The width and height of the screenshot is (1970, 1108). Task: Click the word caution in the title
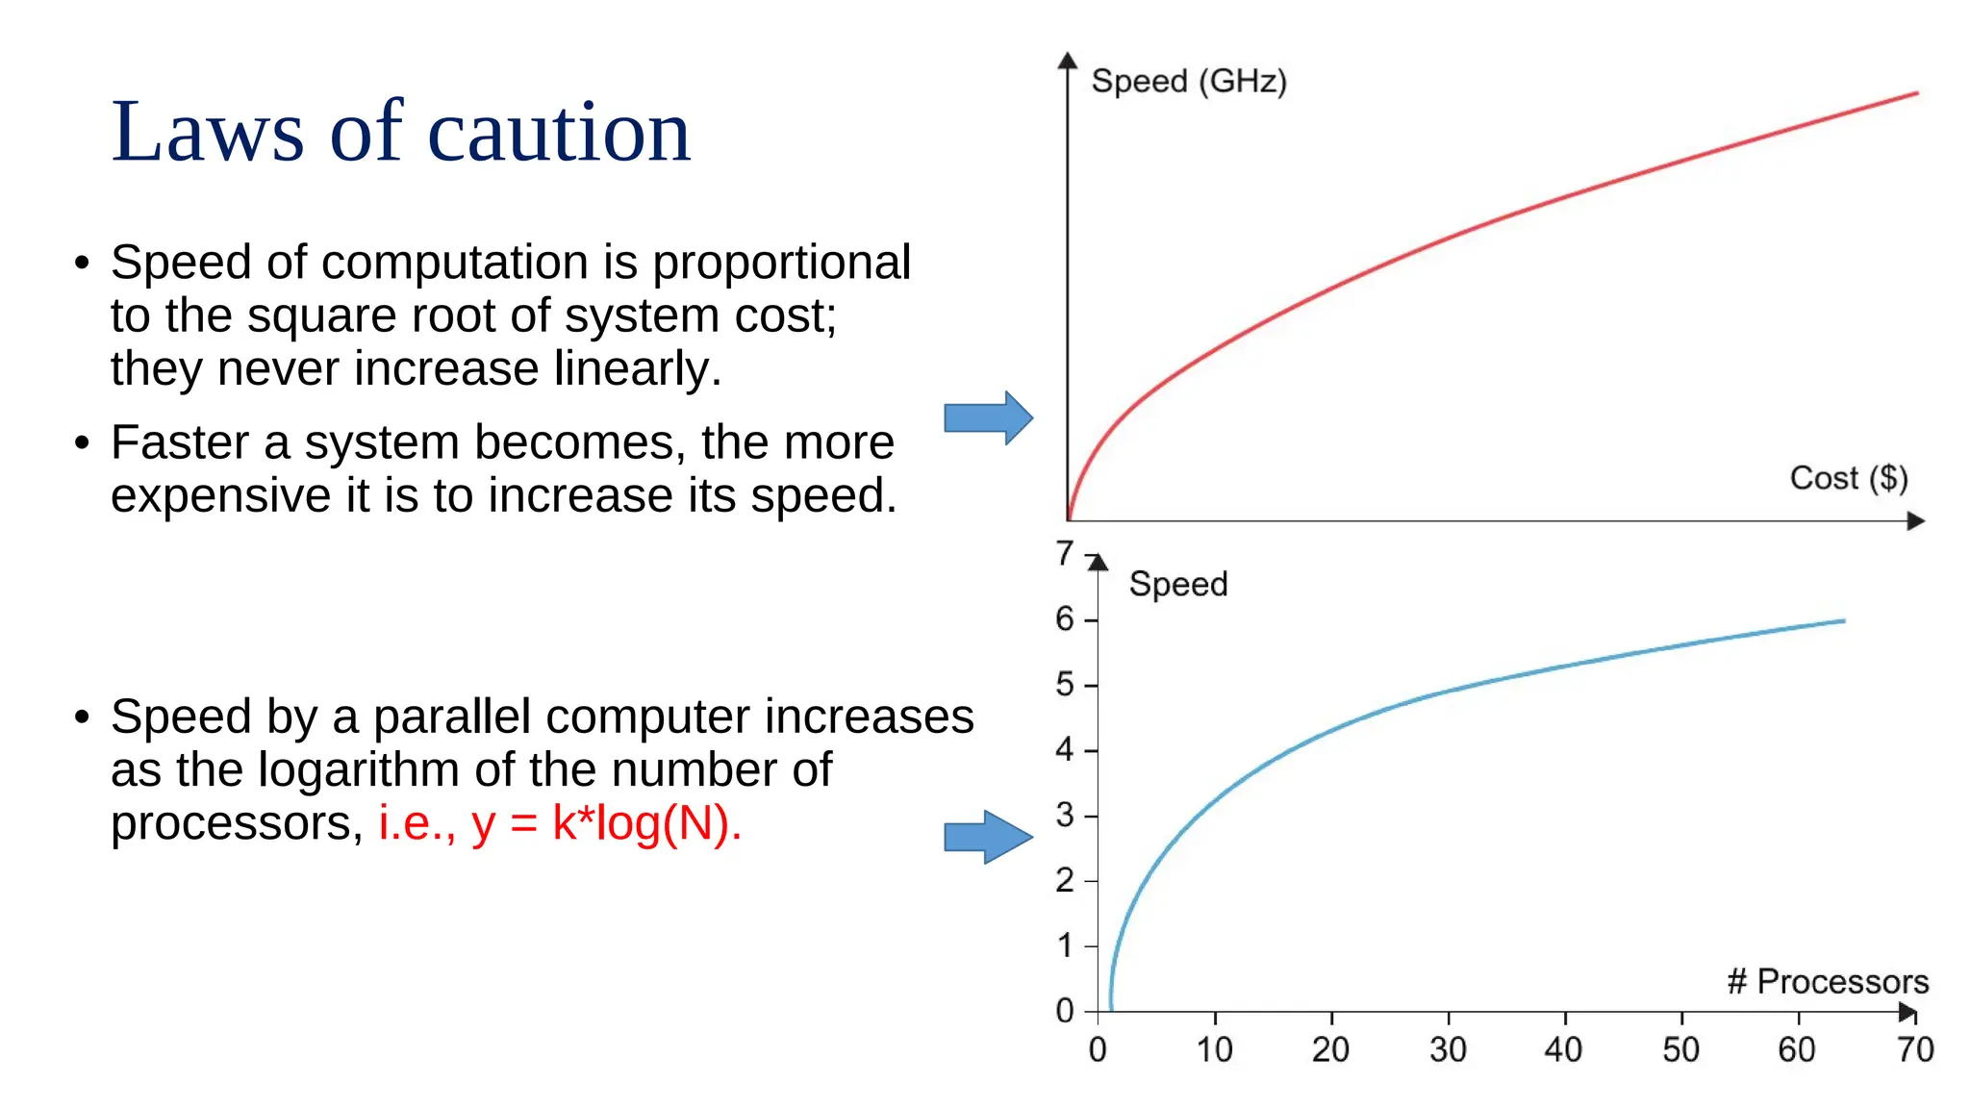tap(558, 132)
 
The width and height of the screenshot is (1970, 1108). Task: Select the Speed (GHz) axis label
tap(1188, 81)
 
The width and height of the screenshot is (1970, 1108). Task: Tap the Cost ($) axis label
tap(1848, 478)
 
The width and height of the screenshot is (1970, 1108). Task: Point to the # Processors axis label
tap(1828, 981)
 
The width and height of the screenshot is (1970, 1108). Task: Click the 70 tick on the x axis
tap(1914, 1049)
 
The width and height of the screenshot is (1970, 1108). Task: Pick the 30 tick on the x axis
tap(1448, 1049)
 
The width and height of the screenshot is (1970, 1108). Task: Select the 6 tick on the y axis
tap(1065, 619)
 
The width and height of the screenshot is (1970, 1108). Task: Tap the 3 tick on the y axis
tap(1065, 816)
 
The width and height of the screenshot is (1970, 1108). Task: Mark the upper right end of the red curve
tap(1916, 93)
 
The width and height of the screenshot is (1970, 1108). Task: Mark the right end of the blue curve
tap(1843, 621)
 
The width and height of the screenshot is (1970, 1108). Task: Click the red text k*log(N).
tap(646, 823)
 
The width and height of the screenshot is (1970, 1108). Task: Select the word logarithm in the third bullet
tap(360, 769)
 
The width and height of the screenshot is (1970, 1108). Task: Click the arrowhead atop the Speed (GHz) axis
tap(1067, 61)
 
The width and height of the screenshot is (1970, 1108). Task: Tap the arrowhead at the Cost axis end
tap(1915, 521)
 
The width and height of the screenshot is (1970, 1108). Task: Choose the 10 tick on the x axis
tap(1214, 1049)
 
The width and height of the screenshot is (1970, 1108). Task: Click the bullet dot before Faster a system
tap(83, 443)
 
